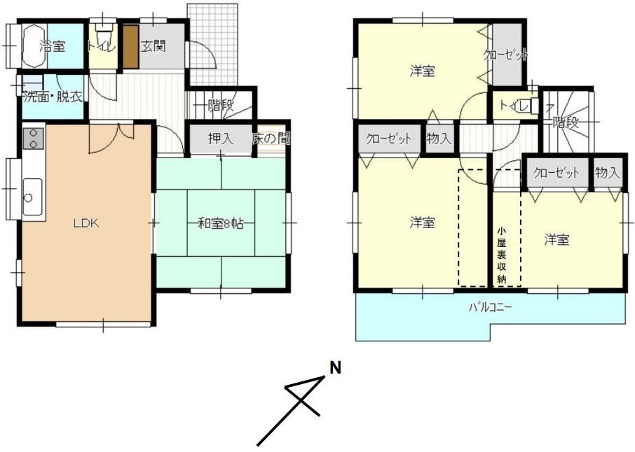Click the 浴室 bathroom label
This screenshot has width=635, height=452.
click(x=53, y=46)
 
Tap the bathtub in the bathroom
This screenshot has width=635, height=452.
click(x=34, y=46)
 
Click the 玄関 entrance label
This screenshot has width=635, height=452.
click(x=153, y=45)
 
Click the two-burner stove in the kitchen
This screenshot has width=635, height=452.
click(x=33, y=138)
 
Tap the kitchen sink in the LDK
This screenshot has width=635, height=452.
click(x=32, y=197)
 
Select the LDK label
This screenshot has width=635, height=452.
click(x=86, y=223)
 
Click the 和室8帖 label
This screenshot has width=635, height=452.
click(x=221, y=224)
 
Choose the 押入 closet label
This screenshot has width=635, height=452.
click(x=221, y=139)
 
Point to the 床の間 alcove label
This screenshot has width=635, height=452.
click(x=271, y=139)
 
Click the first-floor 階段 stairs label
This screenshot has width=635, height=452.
click(x=221, y=105)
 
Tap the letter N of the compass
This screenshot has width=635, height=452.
click(x=335, y=368)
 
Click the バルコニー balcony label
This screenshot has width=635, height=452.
click(x=491, y=308)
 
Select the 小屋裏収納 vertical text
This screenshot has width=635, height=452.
click(x=502, y=255)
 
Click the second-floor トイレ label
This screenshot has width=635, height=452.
click(x=514, y=106)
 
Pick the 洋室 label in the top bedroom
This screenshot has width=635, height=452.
click(x=423, y=71)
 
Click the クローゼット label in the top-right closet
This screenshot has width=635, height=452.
click(x=507, y=55)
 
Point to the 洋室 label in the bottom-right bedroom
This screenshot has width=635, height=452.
click(x=557, y=240)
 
